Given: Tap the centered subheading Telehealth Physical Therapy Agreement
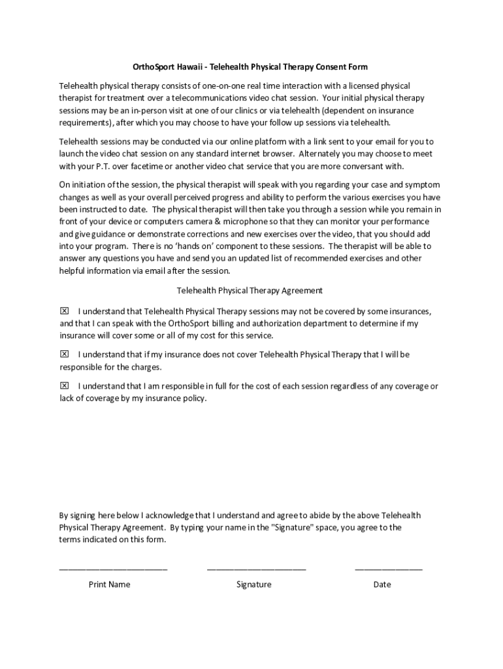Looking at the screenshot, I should [250, 290].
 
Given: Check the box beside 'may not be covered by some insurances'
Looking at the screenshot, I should [65, 311].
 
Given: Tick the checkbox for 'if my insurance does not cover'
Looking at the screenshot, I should [65, 354].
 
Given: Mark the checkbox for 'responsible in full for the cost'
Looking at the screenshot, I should [65, 386].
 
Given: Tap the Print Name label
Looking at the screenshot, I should [109, 584].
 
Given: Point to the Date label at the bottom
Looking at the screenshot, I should [382, 584].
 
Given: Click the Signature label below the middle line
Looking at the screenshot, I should [253, 584].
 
